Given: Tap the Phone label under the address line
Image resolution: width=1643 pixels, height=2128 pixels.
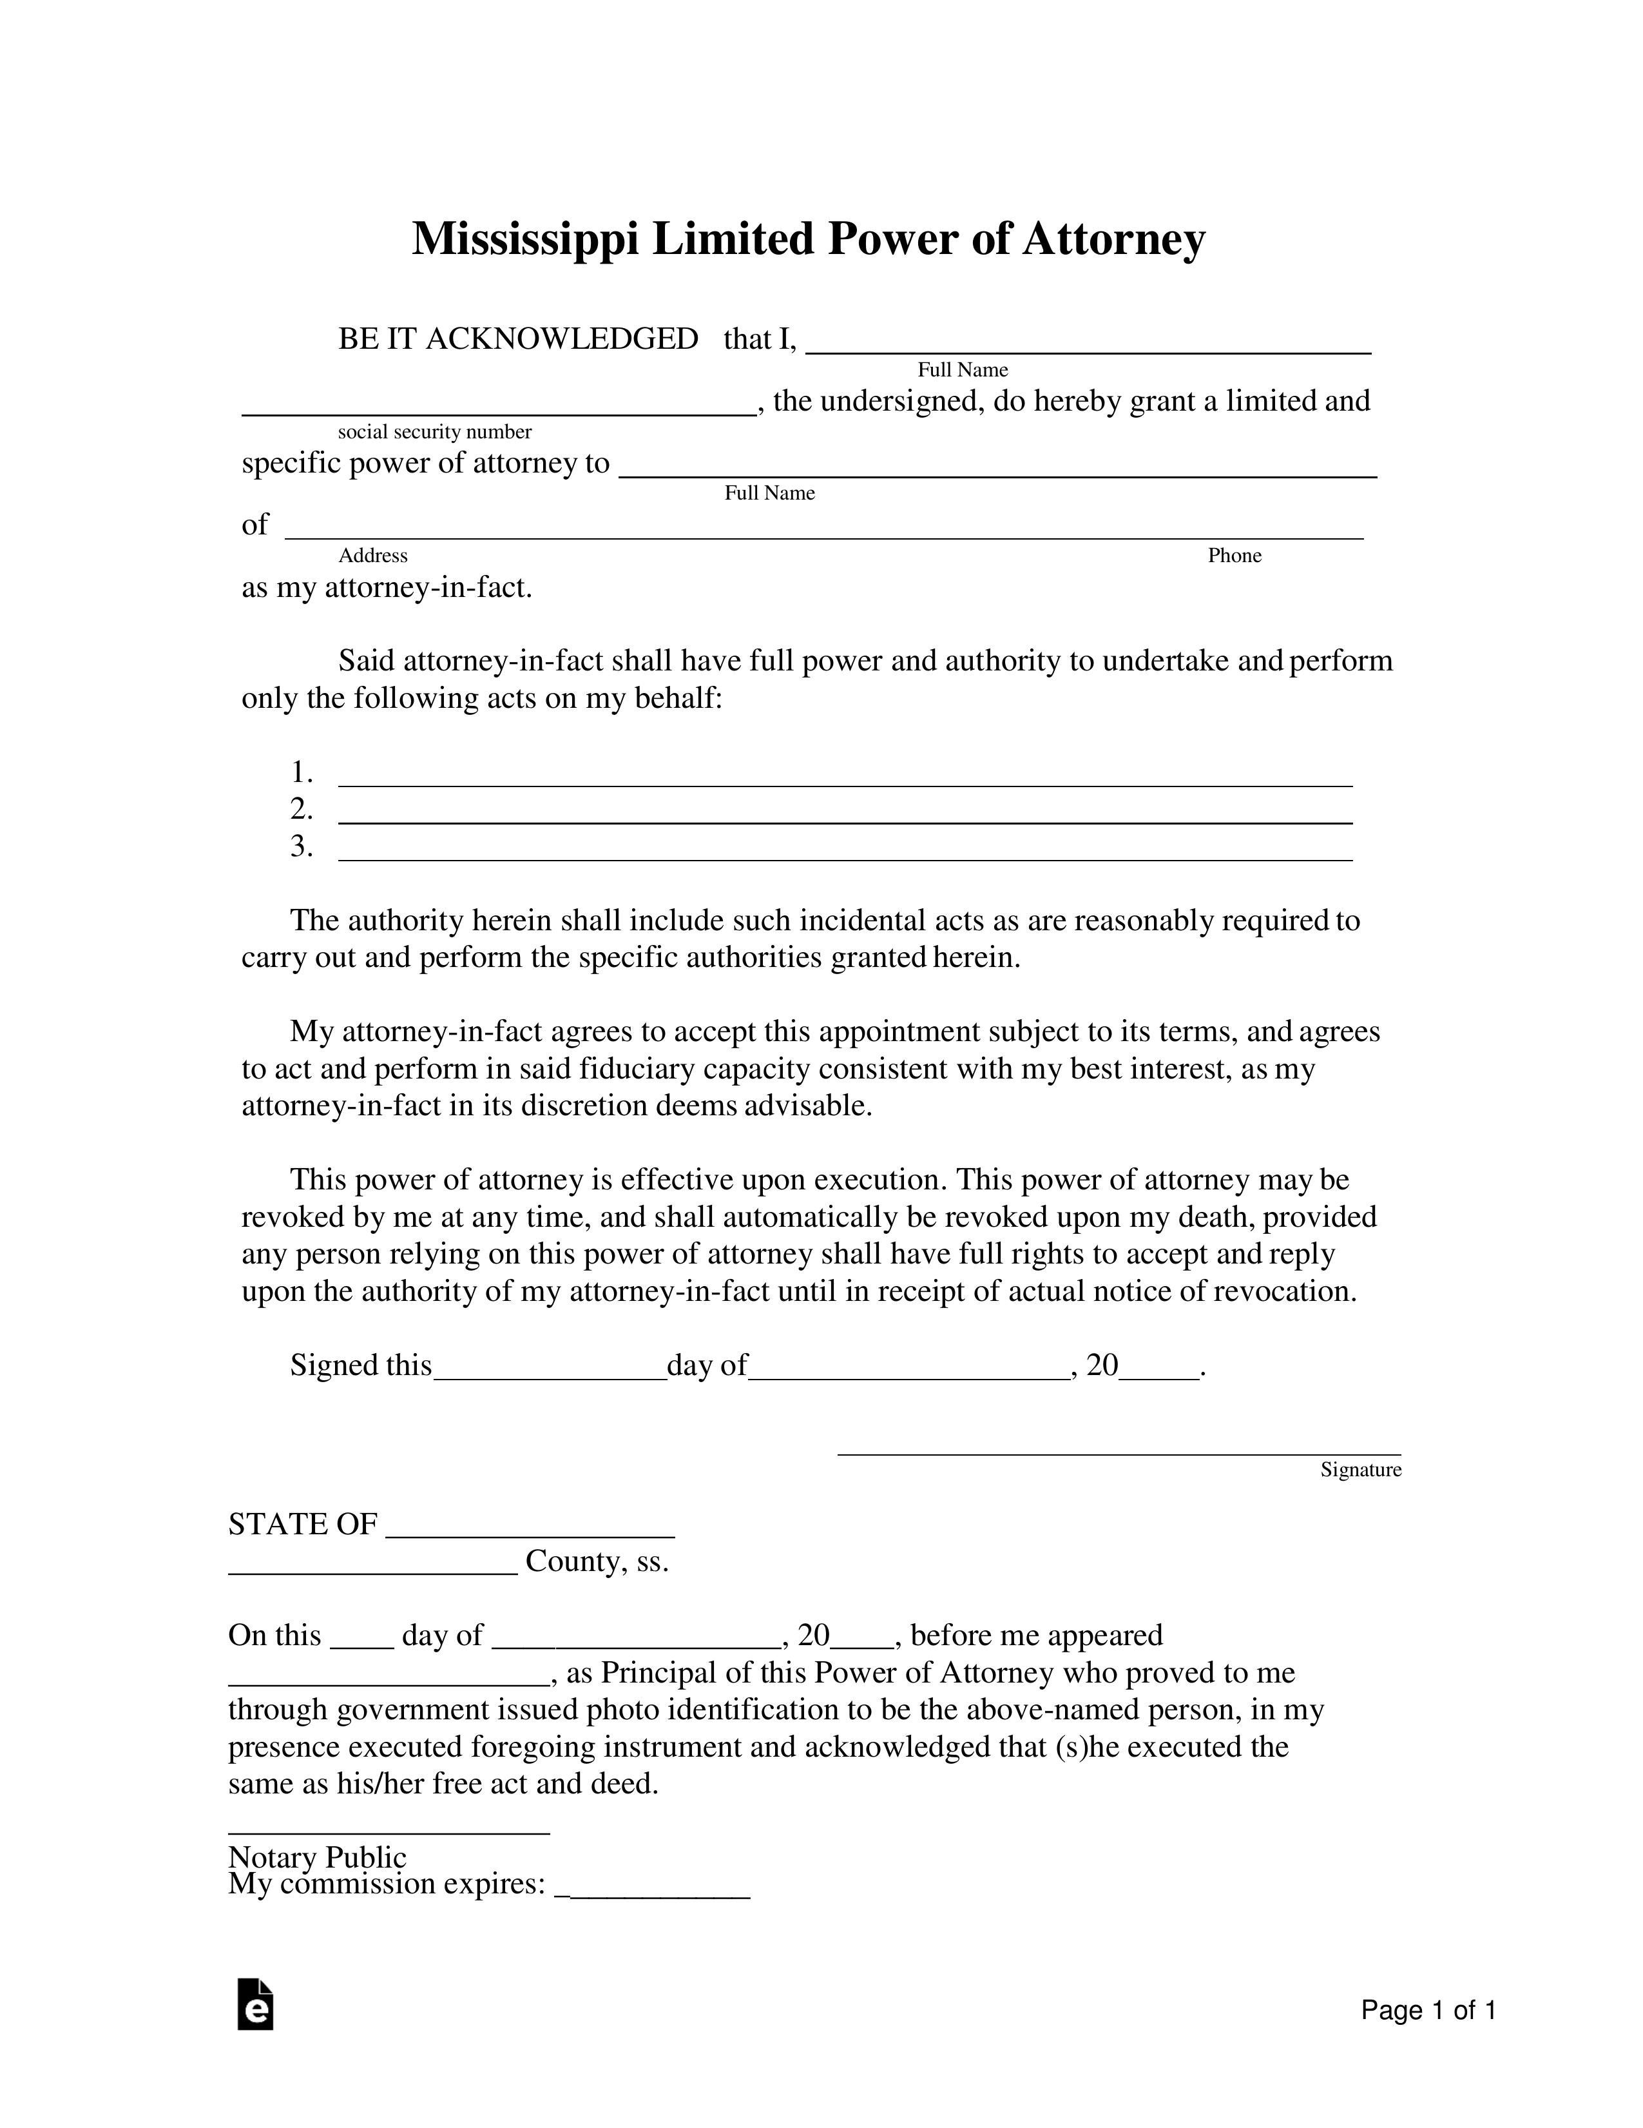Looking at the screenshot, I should coord(1234,556).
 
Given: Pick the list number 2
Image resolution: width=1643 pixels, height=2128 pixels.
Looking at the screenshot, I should coord(301,809).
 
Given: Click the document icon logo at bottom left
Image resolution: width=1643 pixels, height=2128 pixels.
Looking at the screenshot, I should coord(255,2004).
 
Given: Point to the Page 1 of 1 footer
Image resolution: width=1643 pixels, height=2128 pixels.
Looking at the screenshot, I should coord(1428,2010).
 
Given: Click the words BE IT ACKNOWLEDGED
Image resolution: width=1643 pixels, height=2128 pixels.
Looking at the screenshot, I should coord(517,339).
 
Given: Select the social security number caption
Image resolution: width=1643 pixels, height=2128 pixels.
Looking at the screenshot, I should coord(434,432).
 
